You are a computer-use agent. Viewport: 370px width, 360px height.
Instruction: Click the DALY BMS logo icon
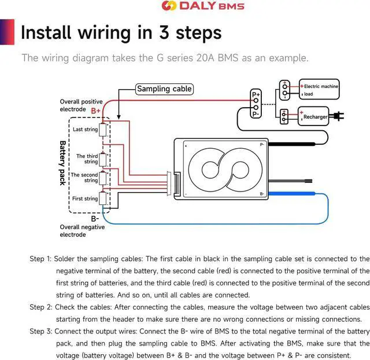pos(169,6)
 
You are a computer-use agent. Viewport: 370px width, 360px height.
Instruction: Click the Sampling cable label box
pos(164,89)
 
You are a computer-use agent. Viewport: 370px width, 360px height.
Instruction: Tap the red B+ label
pos(95,111)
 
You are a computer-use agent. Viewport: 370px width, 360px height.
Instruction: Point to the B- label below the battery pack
pos(95,219)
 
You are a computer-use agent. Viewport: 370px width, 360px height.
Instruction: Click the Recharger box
pos(313,116)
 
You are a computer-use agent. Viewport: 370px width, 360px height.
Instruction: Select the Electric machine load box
pos(319,89)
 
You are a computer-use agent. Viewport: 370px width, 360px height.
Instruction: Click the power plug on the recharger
pos(336,116)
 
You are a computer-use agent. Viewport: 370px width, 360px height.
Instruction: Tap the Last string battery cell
pos(103,130)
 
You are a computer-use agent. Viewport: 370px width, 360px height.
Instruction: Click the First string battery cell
pos(103,198)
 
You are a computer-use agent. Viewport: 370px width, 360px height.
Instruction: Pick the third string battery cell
pos(103,160)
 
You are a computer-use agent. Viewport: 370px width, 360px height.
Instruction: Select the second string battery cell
pos(103,178)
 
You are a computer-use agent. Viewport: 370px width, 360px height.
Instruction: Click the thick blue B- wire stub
pos(291,194)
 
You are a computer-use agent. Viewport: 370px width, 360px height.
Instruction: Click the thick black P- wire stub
pos(291,144)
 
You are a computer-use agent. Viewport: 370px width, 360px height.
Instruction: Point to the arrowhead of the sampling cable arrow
pos(119,117)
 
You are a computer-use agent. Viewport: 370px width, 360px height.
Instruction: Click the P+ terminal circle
pos(256,101)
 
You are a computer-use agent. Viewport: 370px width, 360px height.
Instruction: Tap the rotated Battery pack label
pos(62,163)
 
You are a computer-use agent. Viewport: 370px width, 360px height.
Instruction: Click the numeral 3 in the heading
pos(164,32)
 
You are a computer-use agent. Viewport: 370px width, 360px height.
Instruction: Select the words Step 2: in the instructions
pos(41,307)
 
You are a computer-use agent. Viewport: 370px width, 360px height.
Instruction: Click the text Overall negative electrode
pos(82,231)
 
